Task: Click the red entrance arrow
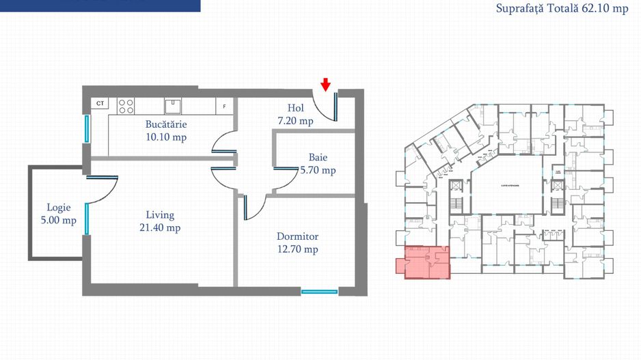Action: [326, 84]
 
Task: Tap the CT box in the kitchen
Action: [100, 103]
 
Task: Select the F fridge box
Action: [224, 107]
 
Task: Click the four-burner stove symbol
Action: [126, 106]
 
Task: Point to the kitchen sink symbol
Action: [173, 105]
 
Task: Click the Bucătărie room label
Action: [166, 124]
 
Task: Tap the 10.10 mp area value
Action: [166, 137]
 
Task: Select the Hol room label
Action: [295, 108]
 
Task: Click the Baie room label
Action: [318, 157]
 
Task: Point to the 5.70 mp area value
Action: [318, 170]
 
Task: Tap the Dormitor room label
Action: [297, 236]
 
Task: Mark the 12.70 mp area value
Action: [297, 249]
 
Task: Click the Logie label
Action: [58, 207]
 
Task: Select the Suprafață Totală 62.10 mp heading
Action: [562, 10]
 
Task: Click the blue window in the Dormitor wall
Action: [319, 292]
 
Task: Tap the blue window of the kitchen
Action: [87, 128]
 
